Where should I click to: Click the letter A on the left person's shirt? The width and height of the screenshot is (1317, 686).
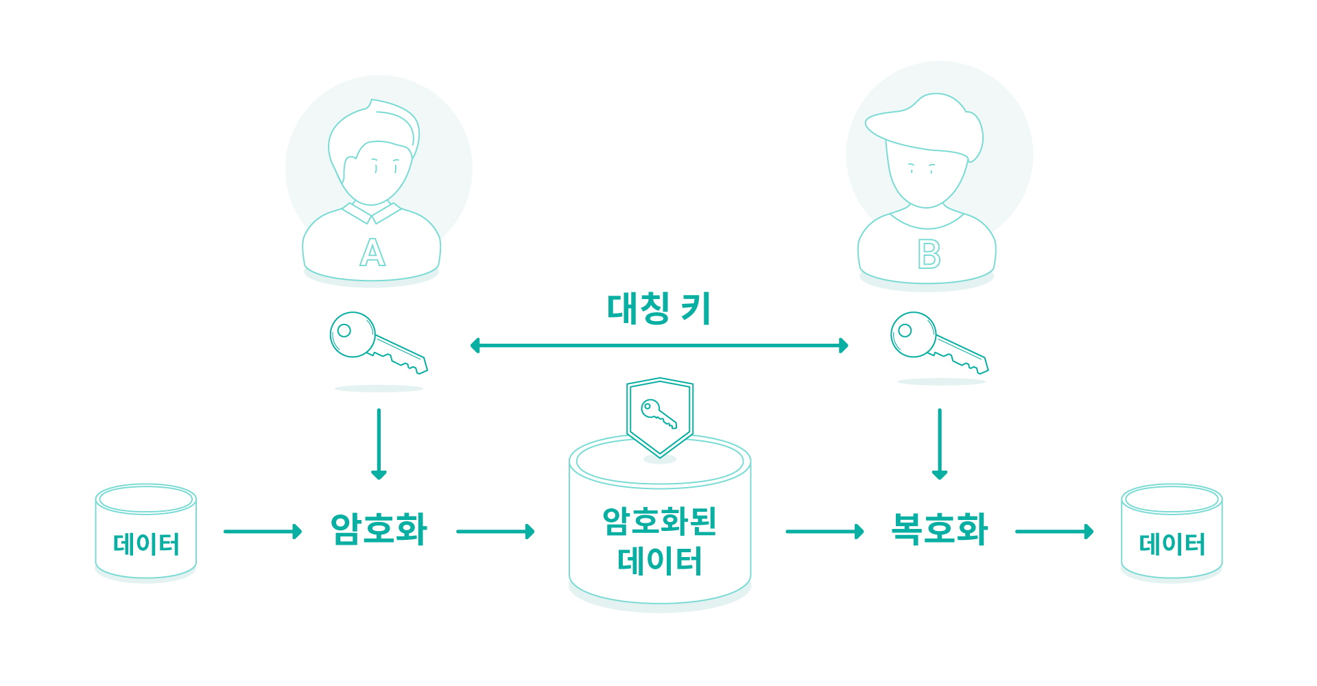tap(372, 252)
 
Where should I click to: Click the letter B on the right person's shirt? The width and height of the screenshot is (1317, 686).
tap(929, 254)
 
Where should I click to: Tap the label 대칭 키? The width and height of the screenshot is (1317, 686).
tap(658, 309)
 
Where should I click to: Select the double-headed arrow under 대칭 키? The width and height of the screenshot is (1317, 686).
tap(659, 345)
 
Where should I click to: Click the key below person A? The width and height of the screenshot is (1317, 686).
tap(378, 343)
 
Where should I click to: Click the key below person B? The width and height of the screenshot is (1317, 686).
tap(939, 343)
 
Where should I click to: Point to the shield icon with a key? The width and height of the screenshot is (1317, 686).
tap(660, 417)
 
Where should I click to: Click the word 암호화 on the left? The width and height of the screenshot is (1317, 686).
tap(379, 529)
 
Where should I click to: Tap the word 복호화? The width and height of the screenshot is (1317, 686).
tap(939, 529)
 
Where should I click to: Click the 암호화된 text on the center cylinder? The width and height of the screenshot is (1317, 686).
tap(659, 521)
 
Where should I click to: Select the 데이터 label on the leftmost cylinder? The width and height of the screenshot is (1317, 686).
tap(146, 544)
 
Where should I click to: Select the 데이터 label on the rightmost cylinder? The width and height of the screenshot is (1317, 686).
tap(1172, 544)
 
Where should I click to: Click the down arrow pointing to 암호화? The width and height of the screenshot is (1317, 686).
tap(379, 444)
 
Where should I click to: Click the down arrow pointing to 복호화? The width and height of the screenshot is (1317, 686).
tap(940, 444)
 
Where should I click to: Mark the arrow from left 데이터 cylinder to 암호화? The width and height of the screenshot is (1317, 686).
tap(263, 531)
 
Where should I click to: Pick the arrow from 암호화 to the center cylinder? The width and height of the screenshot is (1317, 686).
tap(495, 531)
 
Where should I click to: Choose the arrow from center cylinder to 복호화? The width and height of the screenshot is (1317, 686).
tap(824, 531)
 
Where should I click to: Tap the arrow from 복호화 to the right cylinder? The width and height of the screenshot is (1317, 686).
tap(1054, 531)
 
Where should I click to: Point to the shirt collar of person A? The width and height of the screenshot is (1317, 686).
tap(372, 213)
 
